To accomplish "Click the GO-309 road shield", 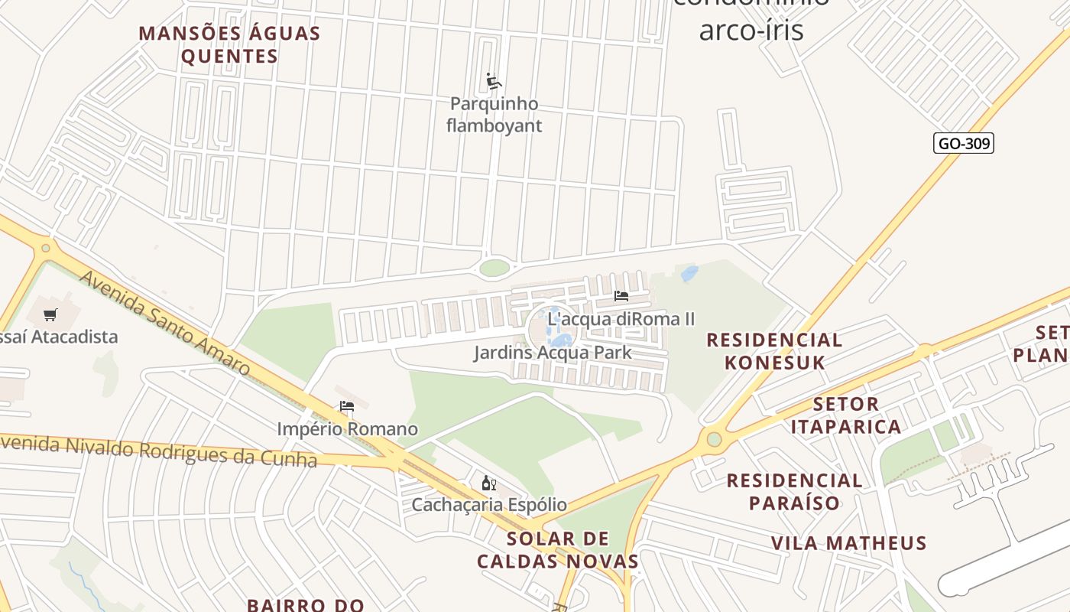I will (964, 143).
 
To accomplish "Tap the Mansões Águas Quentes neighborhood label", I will (229, 44).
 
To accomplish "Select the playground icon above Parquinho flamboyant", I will (494, 81).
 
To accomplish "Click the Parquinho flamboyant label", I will (494, 115).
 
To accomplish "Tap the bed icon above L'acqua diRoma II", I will (621, 296).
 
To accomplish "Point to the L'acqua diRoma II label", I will (621, 319).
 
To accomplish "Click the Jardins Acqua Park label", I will (553, 353).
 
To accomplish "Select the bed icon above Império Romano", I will (347, 406).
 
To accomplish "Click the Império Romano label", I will (347, 429).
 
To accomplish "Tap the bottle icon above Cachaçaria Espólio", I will (489, 483).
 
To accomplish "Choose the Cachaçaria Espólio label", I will (489, 505).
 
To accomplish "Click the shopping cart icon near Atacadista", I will (50, 314).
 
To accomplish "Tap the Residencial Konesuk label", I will (774, 351).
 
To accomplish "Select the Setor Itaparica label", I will (846, 415).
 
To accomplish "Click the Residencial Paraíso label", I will (794, 491).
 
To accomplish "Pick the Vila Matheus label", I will (848, 543).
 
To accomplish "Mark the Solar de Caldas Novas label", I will (558, 550).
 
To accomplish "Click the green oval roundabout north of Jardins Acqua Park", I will (494, 268).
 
